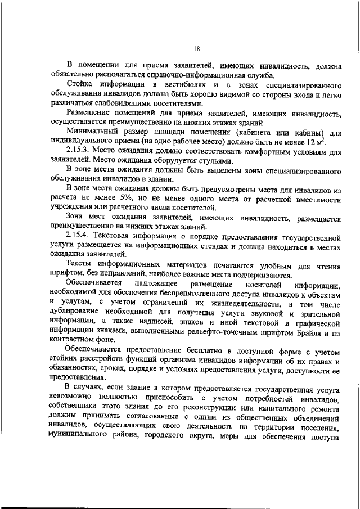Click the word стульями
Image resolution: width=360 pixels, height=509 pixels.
[x=215, y=161]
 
